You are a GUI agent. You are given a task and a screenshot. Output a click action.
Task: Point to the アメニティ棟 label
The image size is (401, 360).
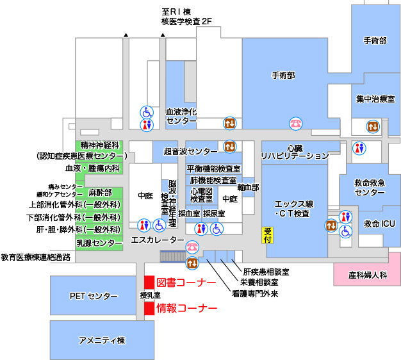tap(101, 340)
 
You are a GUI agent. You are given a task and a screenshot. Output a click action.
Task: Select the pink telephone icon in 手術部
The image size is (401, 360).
tap(295, 123)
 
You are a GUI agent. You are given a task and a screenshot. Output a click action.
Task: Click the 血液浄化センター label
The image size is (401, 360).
tap(181, 115)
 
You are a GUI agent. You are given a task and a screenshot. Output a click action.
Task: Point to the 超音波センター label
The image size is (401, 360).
tap(191, 152)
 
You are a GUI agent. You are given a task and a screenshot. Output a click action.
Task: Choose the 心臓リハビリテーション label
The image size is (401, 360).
tap(294, 152)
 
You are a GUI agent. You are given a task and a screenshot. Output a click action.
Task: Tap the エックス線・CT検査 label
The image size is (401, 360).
tap(292, 208)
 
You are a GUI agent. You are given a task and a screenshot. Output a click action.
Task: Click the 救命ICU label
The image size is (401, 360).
tap(380, 224)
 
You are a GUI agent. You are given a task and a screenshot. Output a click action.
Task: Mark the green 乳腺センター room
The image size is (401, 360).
tap(99, 243)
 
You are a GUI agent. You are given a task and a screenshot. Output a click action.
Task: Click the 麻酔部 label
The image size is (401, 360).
tap(100, 192)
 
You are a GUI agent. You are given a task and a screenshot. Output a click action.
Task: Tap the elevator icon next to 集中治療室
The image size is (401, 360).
tap(373, 127)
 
